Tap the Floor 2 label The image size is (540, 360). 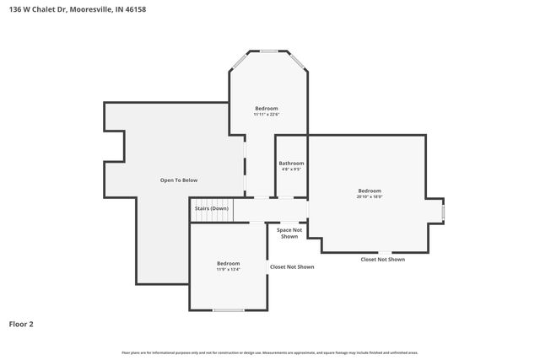[x=21, y=324]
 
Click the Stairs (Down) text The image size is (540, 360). [x=211, y=208]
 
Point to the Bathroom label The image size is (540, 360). [x=291, y=163]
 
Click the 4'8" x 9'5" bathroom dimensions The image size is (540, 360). [x=291, y=169]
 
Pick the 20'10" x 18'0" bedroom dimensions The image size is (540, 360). [x=370, y=197]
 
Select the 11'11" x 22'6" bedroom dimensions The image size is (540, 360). [x=267, y=115]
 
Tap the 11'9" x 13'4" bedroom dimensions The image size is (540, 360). [x=228, y=270]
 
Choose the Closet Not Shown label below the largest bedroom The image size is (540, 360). [x=382, y=260]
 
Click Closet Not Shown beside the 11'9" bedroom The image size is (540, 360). [x=292, y=266]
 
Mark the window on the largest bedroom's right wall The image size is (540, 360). [x=443, y=212]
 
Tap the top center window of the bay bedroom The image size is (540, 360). [x=269, y=51]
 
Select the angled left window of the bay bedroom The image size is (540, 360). [x=240, y=60]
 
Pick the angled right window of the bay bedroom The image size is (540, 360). [x=299, y=60]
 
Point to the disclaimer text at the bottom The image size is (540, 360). [x=269, y=352]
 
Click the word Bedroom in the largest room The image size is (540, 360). [x=370, y=191]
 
